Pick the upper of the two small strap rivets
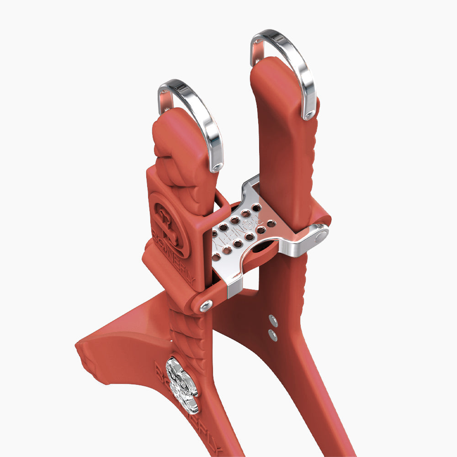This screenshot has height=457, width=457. (273, 319)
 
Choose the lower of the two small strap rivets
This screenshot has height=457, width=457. (273, 335)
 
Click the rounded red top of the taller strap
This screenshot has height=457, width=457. (270, 69)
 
